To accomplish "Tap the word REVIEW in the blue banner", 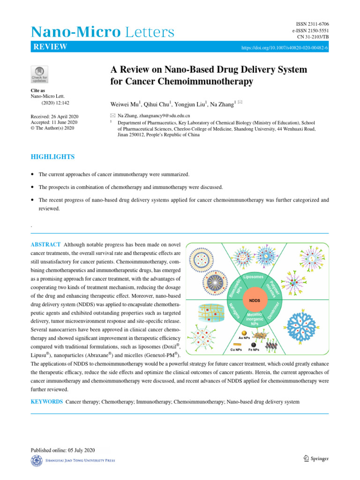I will (x=50, y=47).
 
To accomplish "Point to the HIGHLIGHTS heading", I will (x=52, y=157).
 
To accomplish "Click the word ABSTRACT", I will (x=45, y=245).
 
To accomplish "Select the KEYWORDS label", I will (x=46, y=402).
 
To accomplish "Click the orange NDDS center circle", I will (x=255, y=300).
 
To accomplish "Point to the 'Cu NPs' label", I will (x=236, y=350).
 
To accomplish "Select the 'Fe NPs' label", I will (x=254, y=350).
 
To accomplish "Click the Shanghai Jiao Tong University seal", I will (x=36, y=461).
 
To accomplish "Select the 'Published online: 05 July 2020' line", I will (x=63, y=450).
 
